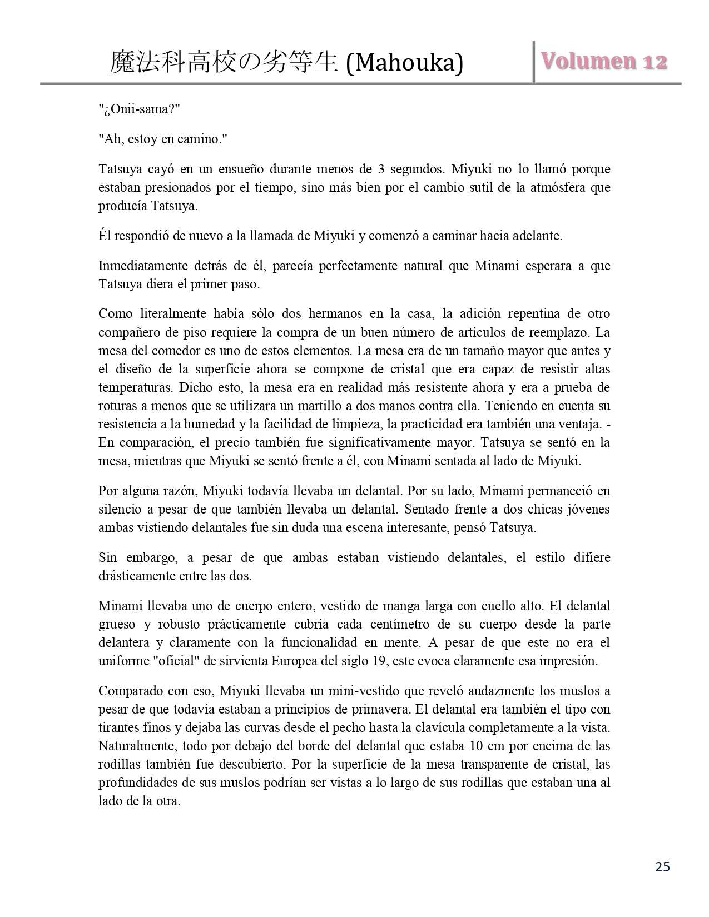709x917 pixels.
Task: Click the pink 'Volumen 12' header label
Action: pos(604,61)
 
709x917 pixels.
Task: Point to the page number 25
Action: pos(662,866)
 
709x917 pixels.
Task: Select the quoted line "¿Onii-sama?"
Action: pos(136,109)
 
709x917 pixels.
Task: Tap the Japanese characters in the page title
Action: pos(224,63)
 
